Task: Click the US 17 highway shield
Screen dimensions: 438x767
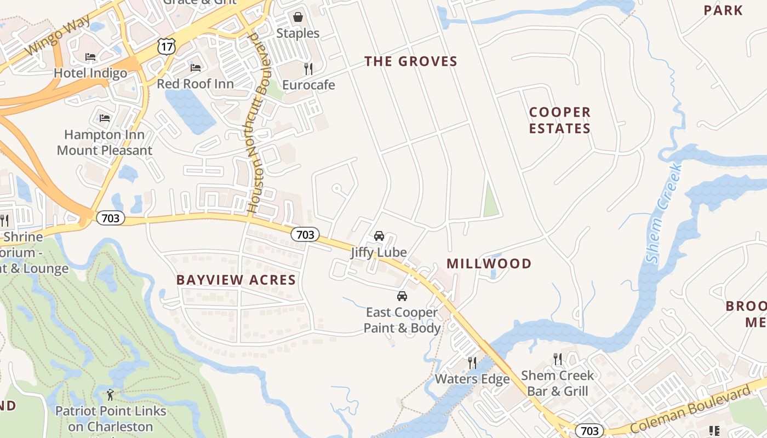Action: tap(167, 46)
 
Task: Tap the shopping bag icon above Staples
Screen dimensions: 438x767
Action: tap(297, 18)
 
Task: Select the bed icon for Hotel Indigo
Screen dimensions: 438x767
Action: tap(90, 57)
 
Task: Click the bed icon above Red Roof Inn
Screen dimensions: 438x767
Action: tap(195, 68)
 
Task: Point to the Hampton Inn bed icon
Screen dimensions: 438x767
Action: tap(105, 118)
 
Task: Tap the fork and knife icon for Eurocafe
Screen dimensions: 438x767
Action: tap(308, 69)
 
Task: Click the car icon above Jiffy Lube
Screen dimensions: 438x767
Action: tap(379, 236)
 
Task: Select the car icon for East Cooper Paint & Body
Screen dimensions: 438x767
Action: tap(402, 296)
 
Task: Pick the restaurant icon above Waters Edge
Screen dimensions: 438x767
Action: tap(472, 362)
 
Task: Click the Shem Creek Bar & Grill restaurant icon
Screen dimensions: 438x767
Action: tap(558, 359)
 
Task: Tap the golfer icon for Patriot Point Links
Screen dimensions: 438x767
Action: tap(111, 394)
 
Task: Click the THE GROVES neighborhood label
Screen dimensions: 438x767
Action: tap(411, 61)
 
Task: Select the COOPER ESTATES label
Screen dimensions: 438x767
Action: tap(560, 120)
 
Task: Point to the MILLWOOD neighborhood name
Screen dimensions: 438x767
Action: tap(489, 264)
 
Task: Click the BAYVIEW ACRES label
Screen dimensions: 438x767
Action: tap(236, 280)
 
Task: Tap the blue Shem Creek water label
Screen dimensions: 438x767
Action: tap(663, 214)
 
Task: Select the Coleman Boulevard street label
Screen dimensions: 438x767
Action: tap(690, 410)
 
